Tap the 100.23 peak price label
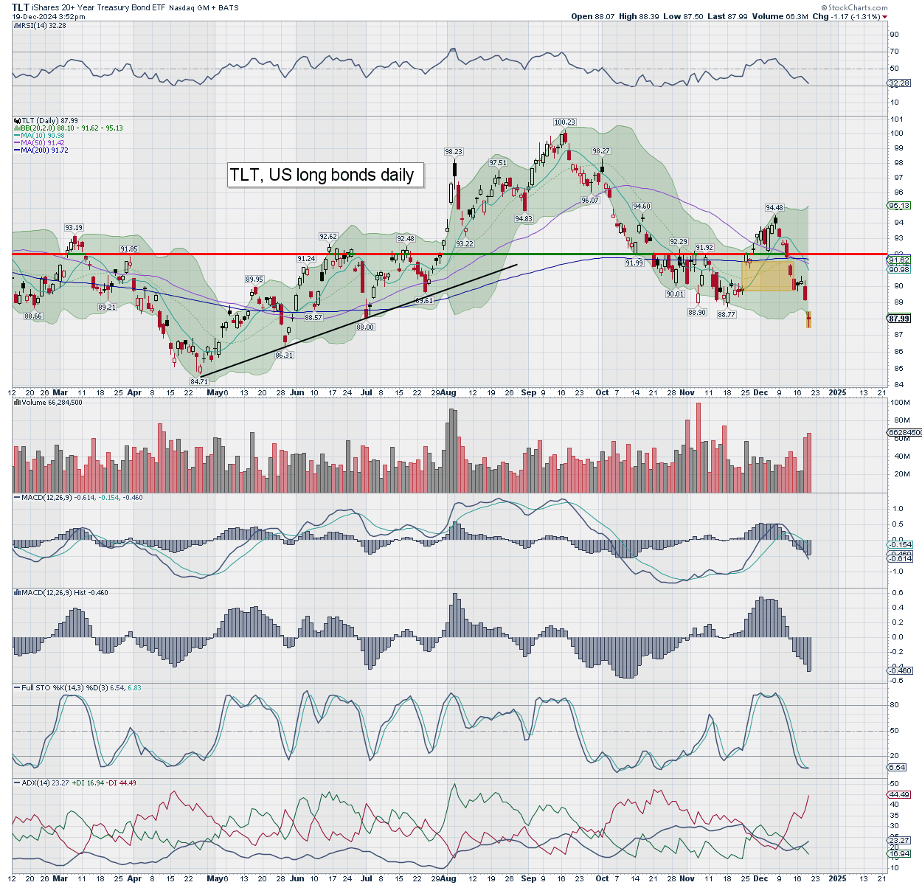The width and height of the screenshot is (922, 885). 564,122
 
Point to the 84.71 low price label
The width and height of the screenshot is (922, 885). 199,381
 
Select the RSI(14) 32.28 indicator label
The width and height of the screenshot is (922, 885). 35,25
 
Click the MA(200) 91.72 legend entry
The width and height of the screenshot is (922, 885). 44,150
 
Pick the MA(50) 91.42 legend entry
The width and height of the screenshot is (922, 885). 43,143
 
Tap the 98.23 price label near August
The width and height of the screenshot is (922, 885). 453,151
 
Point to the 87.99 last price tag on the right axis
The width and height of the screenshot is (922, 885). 898,319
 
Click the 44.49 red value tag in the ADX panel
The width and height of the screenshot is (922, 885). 899,794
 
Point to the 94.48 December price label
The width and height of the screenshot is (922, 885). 774,207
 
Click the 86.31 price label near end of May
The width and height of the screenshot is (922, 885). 284,355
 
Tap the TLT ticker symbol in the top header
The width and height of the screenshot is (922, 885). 21,7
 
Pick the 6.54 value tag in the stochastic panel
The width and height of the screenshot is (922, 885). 897,768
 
